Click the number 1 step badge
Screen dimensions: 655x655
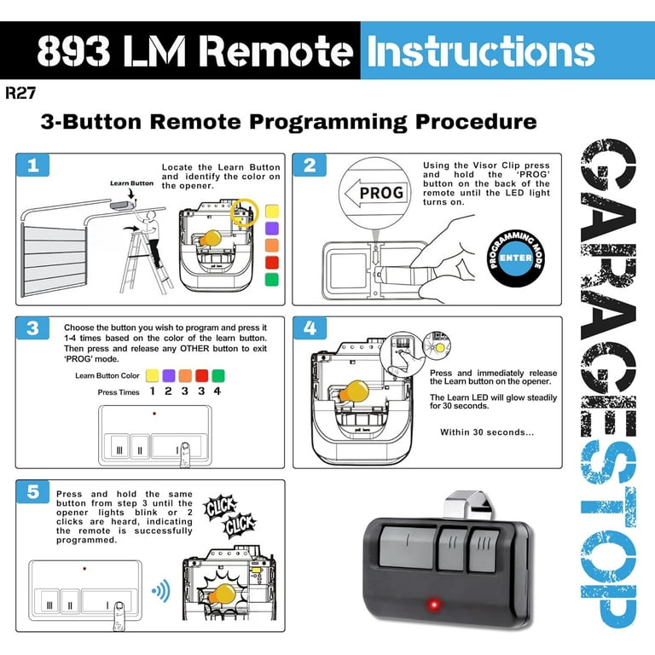pos(33,166)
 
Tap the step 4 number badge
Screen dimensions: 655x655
pos(310,329)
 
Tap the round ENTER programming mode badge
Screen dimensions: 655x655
pos(514,257)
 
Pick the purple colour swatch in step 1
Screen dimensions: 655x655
pos(272,228)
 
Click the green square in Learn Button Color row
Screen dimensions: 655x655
pos(217,374)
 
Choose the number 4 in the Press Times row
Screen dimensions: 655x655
pos(217,391)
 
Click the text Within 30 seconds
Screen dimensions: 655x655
pos(487,432)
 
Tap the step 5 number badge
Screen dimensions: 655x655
pos(33,492)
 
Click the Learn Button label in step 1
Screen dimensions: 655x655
pos(131,183)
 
